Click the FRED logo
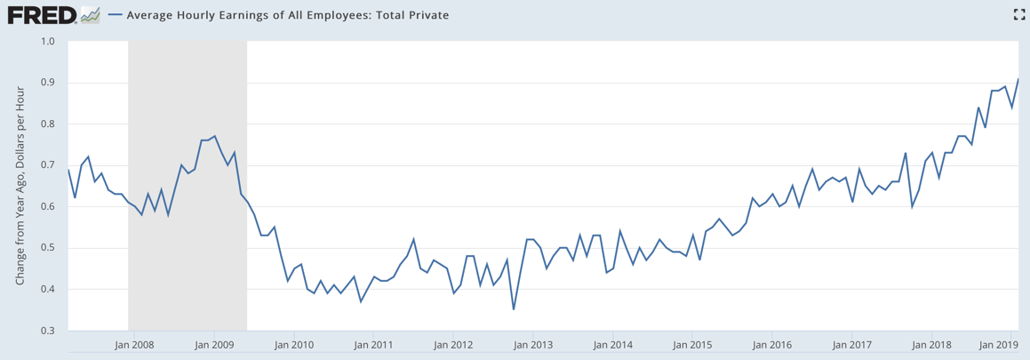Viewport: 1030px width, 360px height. [41, 15]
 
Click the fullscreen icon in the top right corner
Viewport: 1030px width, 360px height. [1019, 14]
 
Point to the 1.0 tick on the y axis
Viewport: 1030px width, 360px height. [48, 41]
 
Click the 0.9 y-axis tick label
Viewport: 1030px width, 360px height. [48, 83]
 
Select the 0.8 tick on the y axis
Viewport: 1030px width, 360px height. [48, 124]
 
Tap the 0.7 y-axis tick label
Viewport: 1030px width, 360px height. [48, 165]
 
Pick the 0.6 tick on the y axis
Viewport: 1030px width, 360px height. [48, 207]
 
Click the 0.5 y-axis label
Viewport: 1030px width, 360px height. [48, 248]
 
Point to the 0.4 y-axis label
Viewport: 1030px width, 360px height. [48, 290]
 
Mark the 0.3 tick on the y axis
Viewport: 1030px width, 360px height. [48, 331]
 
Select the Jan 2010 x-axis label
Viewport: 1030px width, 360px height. [293, 344]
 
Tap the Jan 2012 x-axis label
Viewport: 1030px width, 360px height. [454, 344]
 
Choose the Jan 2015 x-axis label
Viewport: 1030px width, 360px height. [693, 344]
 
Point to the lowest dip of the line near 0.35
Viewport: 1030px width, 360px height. [514, 309]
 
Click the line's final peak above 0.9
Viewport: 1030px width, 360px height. [1018, 79]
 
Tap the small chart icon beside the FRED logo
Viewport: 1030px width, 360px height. [90, 15]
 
